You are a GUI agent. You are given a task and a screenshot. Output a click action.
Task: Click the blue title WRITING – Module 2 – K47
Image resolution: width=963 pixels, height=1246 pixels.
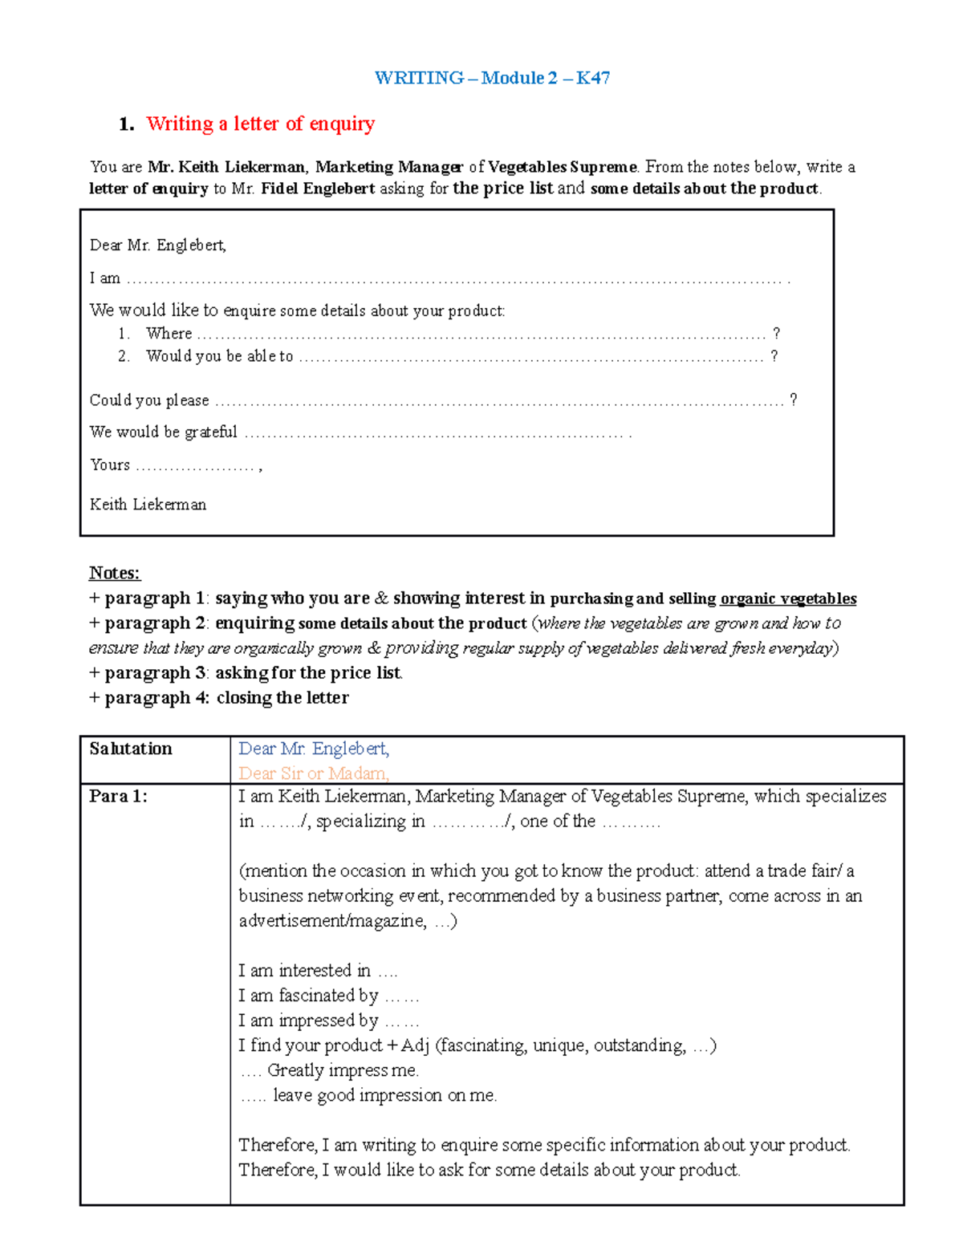tap(492, 78)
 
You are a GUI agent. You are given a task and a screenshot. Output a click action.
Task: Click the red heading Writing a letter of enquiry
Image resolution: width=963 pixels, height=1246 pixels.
tap(260, 124)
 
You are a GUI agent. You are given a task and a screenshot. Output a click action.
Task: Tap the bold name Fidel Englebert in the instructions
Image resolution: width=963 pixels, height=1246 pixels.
tap(318, 189)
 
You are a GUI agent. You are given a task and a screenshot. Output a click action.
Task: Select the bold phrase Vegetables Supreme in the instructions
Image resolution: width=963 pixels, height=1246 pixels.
tap(562, 167)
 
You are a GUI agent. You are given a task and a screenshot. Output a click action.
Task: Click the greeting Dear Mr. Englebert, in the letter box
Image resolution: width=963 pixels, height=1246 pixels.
tap(158, 246)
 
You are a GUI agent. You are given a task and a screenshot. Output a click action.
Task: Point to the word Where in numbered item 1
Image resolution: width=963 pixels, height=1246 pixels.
tap(169, 333)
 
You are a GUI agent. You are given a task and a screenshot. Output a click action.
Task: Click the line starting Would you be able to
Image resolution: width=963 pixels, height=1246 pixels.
tap(219, 356)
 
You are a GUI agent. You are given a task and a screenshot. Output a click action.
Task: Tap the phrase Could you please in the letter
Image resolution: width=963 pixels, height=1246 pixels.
tap(149, 400)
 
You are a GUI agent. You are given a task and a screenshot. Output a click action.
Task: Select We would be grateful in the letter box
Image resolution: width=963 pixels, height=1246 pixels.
tap(164, 432)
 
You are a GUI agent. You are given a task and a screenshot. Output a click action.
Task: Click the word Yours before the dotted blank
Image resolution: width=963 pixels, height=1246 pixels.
tap(110, 465)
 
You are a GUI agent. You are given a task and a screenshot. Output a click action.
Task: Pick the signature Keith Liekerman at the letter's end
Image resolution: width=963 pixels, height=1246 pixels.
tap(148, 505)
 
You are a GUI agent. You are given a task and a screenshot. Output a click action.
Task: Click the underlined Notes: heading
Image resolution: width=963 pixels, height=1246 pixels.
tap(114, 573)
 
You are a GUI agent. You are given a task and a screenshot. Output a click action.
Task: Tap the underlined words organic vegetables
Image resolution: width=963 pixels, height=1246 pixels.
tap(788, 599)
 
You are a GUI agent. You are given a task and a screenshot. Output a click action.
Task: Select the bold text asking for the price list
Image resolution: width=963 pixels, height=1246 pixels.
tap(309, 673)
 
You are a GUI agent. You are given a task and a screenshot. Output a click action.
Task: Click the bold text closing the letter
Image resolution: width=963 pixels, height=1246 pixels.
tap(282, 698)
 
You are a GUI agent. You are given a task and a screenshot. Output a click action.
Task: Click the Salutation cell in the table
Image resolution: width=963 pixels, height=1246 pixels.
tap(131, 749)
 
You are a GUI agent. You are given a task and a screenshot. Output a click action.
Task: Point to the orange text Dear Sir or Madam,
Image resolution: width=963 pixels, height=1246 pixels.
tap(314, 773)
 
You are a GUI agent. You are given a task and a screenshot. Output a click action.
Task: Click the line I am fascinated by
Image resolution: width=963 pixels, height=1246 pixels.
tap(308, 996)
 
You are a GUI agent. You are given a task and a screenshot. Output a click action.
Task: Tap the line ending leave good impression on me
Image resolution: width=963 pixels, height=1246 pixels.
tap(384, 1095)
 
